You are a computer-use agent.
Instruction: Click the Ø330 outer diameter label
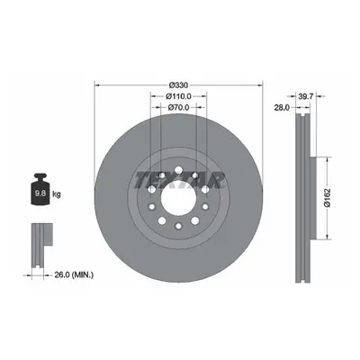[x=178, y=85]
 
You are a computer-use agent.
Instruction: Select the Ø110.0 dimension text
[x=178, y=96]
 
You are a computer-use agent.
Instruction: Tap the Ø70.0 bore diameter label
[x=178, y=107]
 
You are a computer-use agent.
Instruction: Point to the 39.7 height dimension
[x=306, y=96]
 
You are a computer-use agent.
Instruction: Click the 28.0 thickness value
[x=282, y=107]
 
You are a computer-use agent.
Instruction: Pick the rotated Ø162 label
[x=328, y=198]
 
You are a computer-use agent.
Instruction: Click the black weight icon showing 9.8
[x=40, y=189]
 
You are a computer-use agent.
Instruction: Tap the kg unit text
[x=57, y=194]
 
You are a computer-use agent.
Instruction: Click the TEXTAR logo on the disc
[x=179, y=180]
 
